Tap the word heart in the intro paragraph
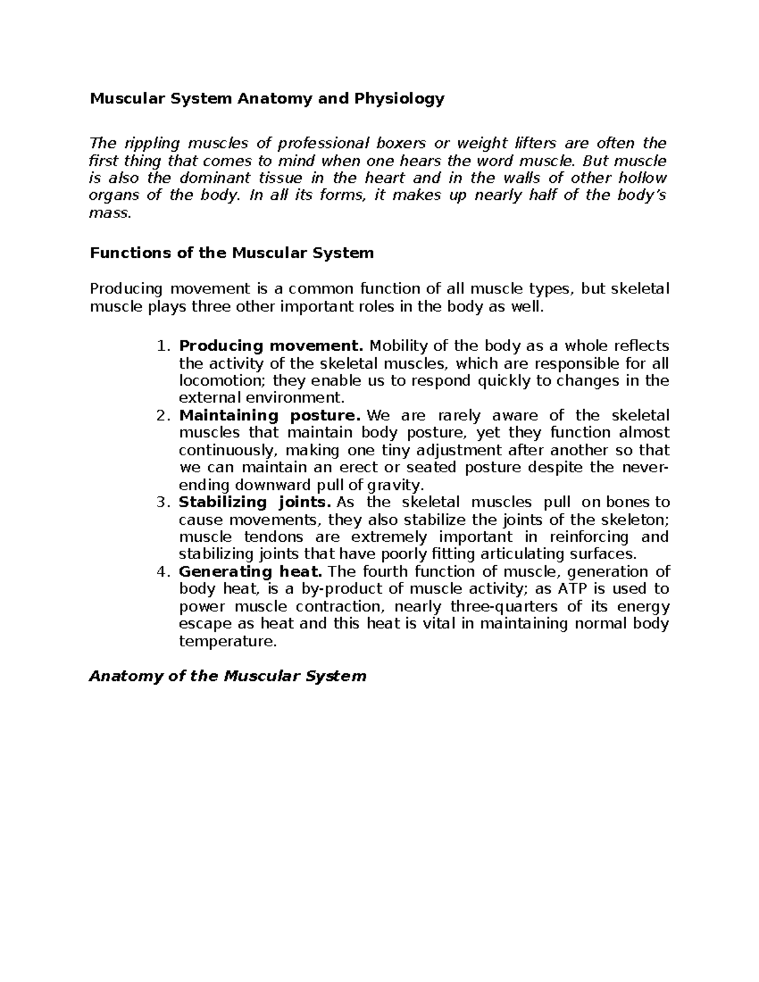(x=383, y=178)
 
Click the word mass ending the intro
(x=110, y=213)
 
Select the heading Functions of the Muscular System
(x=231, y=254)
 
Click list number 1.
(x=163, y=347)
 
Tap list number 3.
(x=163, y=503)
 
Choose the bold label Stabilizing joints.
(x=256, y=503)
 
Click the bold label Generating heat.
(x=251, y=572)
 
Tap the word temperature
(x=228, y=642)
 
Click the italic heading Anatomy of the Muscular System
(x=228, y=677)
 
